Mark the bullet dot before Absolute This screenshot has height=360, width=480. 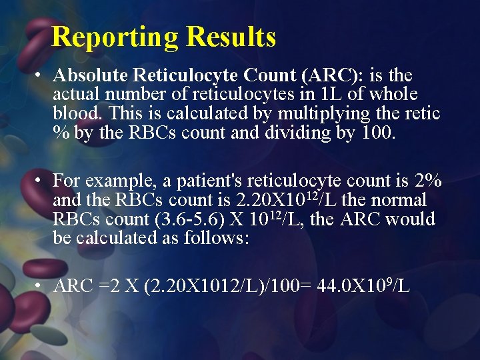pos(41,75)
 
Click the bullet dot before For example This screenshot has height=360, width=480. pos(41,181)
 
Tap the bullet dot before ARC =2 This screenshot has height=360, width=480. pos(41,287)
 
